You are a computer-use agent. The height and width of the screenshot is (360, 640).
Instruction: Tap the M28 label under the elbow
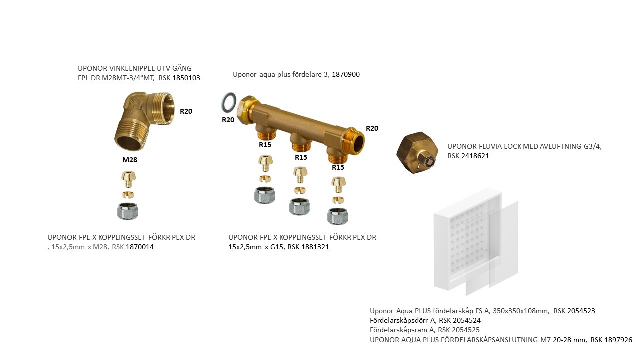point(130,160)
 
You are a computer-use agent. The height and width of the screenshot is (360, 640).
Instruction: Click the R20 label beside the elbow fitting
point(186,111)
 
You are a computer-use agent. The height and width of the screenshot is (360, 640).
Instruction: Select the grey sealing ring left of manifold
point(229,102)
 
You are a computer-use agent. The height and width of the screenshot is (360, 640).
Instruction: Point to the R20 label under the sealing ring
point(228,120)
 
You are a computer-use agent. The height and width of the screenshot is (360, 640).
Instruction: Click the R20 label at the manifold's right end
point(372,128)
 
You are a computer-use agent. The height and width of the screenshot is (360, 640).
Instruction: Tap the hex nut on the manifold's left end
point(248,110)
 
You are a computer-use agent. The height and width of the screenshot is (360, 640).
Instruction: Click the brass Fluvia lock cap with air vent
point(417,153)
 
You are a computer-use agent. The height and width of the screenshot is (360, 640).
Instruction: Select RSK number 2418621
point(475,156)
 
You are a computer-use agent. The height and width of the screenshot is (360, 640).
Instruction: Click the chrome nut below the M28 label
point(128,211)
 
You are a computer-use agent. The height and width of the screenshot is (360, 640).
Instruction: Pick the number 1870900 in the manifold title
point(346,74)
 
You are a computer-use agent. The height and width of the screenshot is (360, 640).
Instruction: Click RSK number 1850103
point(186,78)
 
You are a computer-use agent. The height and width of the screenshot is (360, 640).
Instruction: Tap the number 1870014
point(140,247)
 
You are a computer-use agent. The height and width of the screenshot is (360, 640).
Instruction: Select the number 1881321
point(315,247)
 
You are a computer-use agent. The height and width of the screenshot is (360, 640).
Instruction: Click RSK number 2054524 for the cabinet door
point(467,320)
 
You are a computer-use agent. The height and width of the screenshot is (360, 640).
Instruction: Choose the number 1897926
point(618,340)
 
